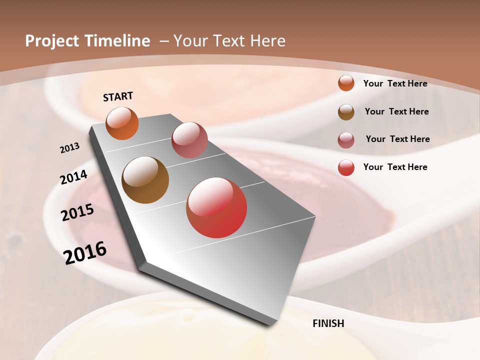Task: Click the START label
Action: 118,96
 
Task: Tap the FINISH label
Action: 328,323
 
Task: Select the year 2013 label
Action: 70,148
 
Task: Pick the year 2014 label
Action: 74,177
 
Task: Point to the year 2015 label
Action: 77,212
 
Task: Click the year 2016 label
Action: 85,252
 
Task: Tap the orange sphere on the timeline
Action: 122,123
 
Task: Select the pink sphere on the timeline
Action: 189,139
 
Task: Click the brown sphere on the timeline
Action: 145,180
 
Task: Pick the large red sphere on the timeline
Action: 216,207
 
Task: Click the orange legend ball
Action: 346,83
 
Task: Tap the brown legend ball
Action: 346,112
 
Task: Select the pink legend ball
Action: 346,140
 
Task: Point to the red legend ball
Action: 346,167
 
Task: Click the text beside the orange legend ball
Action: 395,83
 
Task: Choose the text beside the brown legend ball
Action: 396,111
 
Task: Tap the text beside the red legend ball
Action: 395,167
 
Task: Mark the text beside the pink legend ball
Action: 397,139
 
